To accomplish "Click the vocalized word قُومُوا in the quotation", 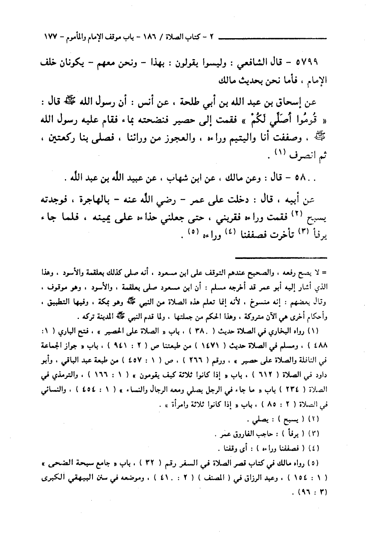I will coord(307,118).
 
